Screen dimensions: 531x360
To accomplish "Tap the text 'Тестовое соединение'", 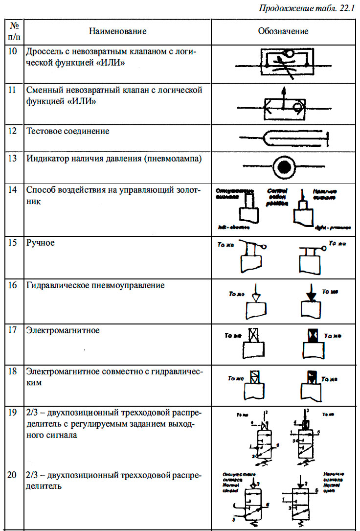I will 68,131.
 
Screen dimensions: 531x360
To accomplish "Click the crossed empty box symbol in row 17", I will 253,335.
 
